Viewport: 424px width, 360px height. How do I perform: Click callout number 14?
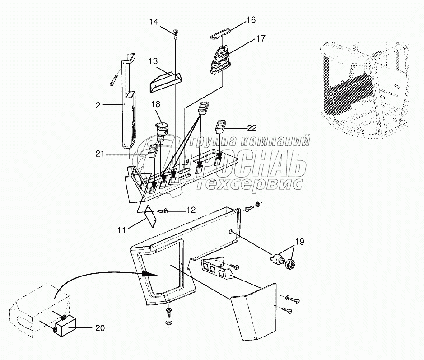coord(154,21)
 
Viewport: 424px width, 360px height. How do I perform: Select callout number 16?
coord(251,19)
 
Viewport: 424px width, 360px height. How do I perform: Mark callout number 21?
coord(100,154)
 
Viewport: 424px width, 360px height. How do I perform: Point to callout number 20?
coord(100,327)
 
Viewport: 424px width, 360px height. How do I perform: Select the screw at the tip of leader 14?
coord(175,32)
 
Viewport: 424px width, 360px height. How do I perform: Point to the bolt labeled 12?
coord(163,210)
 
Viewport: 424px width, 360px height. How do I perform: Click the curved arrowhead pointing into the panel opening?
coord(148,273)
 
